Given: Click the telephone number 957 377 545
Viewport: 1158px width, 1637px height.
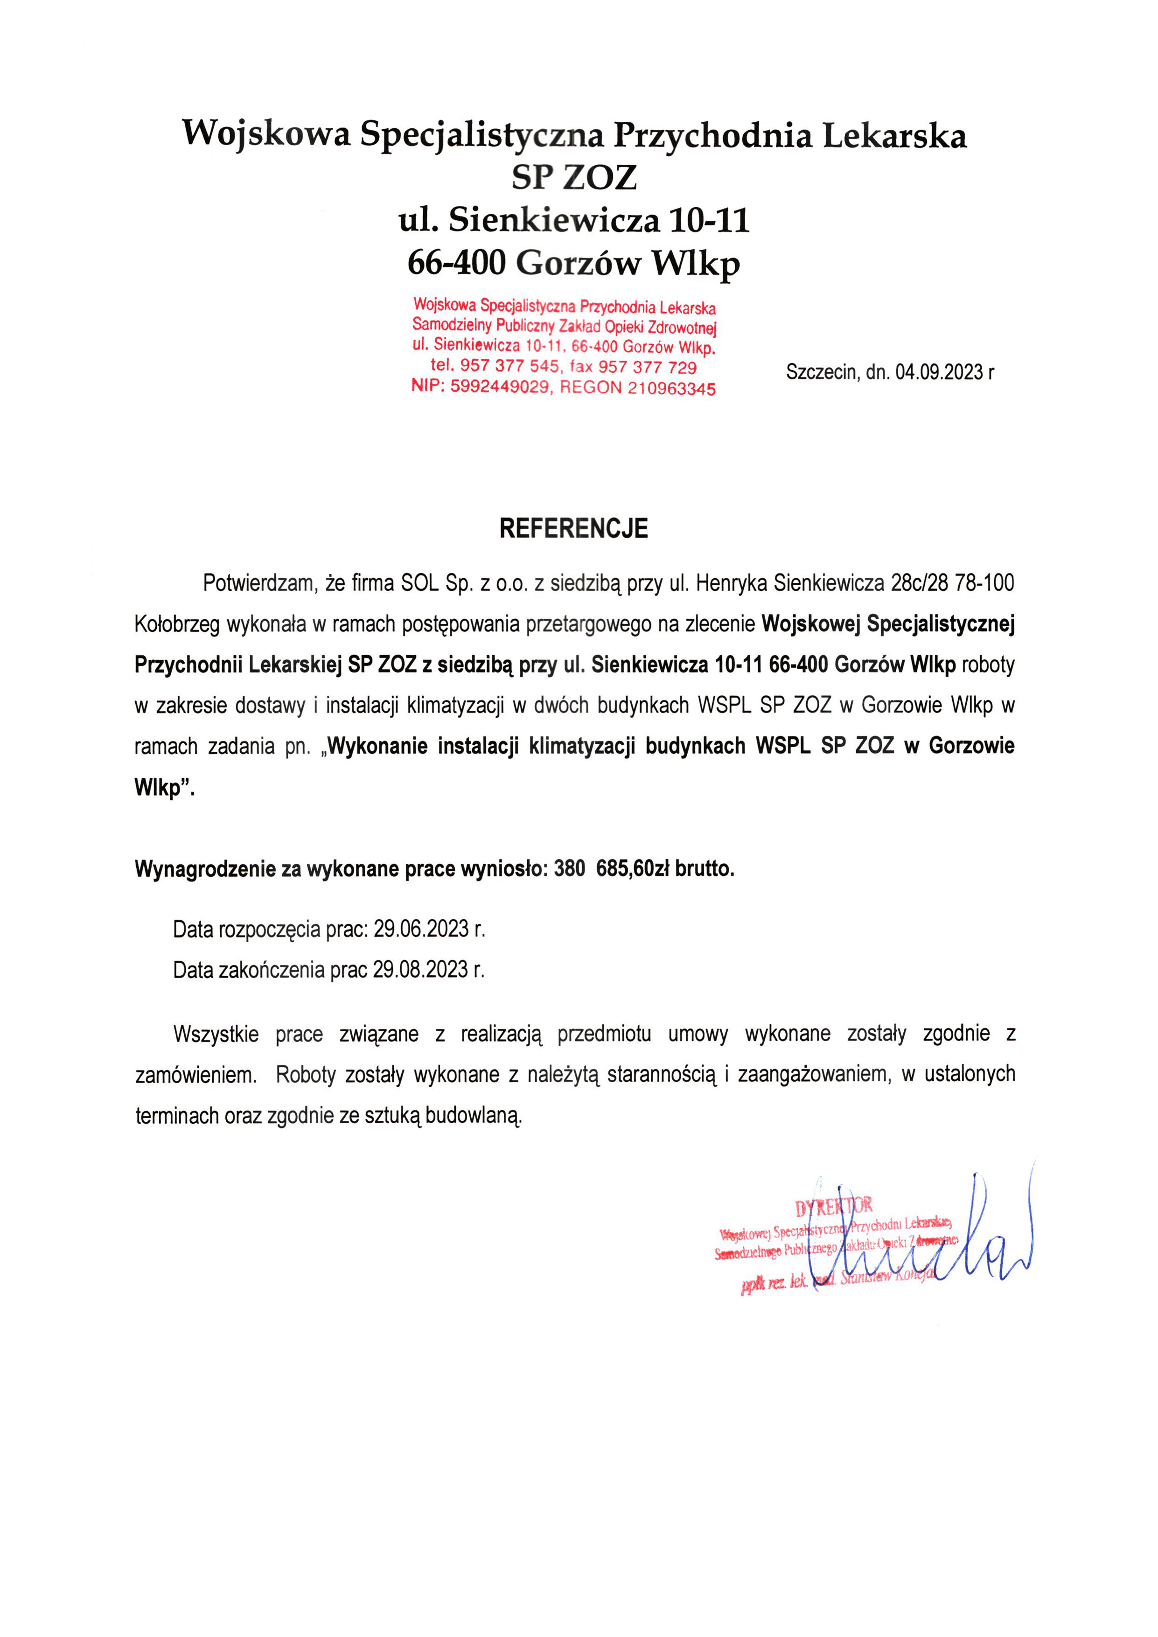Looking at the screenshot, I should coord(509,366).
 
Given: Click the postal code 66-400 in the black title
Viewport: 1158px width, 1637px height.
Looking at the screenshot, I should coord(456,262).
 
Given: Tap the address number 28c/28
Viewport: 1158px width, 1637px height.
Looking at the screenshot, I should coord(920,583).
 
